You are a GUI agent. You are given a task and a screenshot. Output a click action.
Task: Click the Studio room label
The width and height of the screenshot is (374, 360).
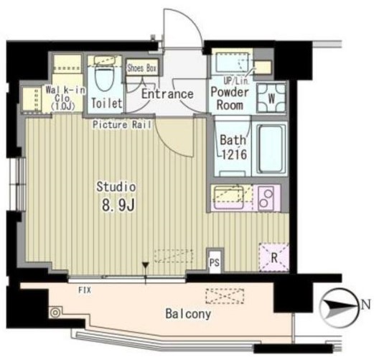coord(116,187)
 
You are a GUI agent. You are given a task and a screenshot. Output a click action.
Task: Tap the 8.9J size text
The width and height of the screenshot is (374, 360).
coord(118,205)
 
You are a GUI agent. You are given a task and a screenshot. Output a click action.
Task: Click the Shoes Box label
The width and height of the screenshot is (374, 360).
coord(142,68)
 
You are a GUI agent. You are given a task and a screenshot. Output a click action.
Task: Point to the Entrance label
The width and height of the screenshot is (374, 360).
coord(167,94)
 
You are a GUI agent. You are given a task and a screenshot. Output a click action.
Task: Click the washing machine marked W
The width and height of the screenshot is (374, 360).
coord(271,98)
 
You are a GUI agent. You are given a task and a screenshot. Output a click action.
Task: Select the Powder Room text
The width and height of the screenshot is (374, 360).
coord(230,98)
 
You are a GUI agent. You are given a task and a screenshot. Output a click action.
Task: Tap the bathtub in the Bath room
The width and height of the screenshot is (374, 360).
coord(271,148)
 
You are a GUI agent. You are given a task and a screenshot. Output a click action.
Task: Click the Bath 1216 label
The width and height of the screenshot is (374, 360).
coord(233,147)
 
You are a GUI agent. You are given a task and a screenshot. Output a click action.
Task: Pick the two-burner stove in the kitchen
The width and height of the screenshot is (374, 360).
coord(266,198)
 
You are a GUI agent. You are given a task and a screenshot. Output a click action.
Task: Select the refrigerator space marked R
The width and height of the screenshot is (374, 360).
coord(274,258)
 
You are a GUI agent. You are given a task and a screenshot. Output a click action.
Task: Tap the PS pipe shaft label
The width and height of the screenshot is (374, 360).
coord(215,263)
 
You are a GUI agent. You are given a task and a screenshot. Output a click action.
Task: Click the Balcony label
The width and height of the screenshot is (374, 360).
coord(188,314)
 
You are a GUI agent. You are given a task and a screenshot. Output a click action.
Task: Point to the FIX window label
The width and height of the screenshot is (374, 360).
coord(85,290)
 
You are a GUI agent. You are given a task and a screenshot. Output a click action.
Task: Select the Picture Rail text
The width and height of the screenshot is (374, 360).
coord(122,125)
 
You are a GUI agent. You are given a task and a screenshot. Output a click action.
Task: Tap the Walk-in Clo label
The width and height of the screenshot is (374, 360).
coord(65,98)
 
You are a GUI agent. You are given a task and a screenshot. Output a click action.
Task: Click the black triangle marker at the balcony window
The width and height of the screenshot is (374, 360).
coord(145,266)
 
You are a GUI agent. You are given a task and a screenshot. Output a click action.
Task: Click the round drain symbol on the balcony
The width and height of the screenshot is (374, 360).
coord(55,313)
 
